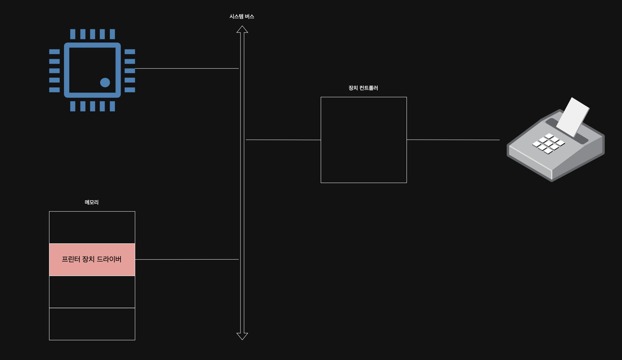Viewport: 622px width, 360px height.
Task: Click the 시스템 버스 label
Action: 242,17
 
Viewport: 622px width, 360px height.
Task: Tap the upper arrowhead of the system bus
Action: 242,30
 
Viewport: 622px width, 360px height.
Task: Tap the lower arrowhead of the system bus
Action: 242,336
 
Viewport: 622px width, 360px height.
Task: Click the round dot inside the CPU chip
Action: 105,83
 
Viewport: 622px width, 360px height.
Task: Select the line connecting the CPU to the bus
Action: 187,69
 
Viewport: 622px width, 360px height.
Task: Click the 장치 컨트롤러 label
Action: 363,88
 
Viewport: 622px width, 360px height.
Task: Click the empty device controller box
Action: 364,140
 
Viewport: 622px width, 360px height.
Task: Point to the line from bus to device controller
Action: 283,140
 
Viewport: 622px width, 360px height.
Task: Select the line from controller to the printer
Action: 453,140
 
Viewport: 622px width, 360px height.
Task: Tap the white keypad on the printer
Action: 549,143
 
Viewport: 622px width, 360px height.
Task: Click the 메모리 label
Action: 92,202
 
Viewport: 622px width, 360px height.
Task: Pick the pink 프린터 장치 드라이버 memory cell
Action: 92,260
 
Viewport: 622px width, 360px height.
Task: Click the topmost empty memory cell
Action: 92,227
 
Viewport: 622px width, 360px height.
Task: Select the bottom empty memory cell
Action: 92,324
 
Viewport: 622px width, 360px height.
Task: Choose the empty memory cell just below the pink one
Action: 92,292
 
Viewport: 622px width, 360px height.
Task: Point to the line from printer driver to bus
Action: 187,259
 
